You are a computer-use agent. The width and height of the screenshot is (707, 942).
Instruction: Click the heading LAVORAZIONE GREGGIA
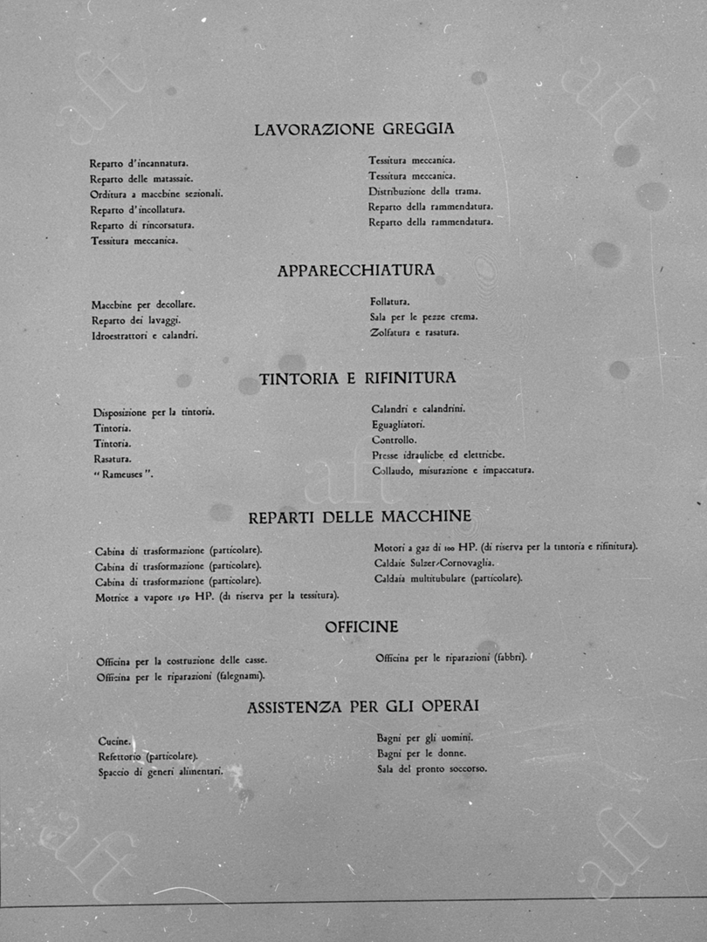[x=353, y=129]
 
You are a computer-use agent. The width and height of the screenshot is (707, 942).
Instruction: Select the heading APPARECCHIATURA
[x=355, y=270]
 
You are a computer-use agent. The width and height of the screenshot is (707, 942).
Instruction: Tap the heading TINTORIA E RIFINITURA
[x=357, y=379]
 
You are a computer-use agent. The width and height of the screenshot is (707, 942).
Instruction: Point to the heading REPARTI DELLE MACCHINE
[x=360, y=517]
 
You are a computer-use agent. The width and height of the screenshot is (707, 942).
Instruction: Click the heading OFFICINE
[x=361, y=627]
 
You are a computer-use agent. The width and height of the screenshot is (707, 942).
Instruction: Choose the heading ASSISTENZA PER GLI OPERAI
[x=362, y=707]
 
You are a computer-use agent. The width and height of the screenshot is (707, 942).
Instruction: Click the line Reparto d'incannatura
[x=139, y=163]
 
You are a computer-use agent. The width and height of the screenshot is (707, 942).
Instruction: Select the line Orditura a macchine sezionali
[x=156, y=194]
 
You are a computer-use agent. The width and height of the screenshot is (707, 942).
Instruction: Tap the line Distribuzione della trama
[x=424, y=191]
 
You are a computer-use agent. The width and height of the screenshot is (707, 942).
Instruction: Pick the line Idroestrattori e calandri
[x=144, y=336]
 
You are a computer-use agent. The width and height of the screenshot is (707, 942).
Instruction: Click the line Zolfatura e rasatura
[x=415, y=332]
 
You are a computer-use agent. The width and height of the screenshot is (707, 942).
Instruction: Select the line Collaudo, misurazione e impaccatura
[x=452, y=471]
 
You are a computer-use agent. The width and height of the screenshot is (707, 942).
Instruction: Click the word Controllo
[x=394, y=440]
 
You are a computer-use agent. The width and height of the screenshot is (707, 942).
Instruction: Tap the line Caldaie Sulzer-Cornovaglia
[x=434, y=563]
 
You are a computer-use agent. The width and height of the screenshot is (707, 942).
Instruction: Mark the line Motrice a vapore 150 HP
[x=216, y=597]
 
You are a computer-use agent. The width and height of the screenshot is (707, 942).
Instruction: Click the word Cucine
[x=114, y=741]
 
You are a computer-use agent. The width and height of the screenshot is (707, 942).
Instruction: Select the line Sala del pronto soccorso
[x=432, y=768]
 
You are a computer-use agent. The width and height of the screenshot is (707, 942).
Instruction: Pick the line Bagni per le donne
[x=422, y=753]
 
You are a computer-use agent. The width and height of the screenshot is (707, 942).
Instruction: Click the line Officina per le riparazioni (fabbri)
[x=451, y=658]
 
